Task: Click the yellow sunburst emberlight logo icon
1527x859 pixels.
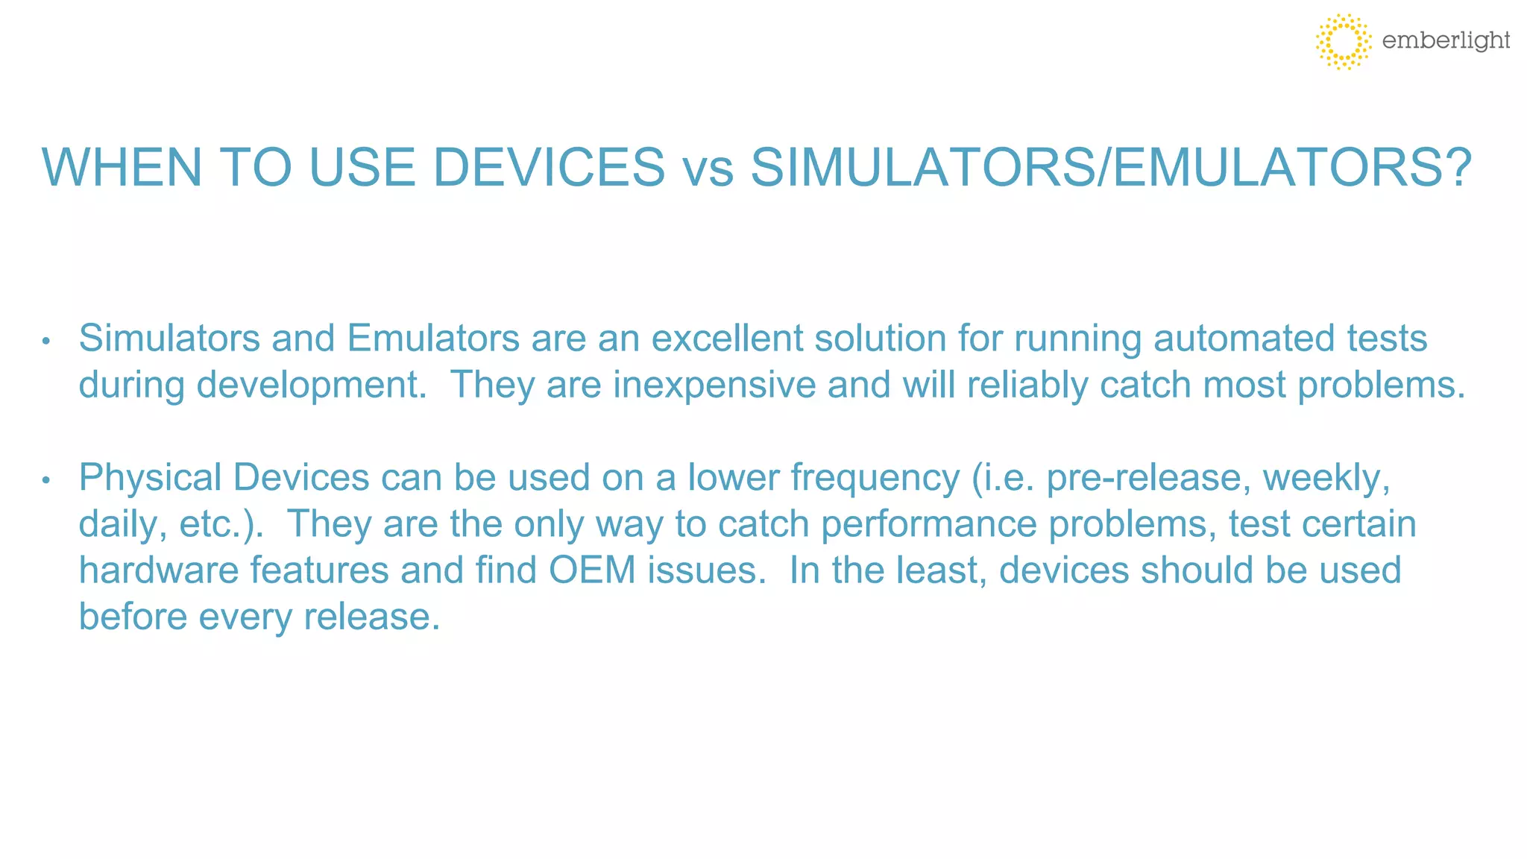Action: click(x=1343, y=41)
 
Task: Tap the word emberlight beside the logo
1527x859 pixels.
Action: click(x=1446, y=40)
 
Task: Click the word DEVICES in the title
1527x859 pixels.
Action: click(x=548, y=167)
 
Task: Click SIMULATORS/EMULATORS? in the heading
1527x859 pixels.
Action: click(x=1111, y=167)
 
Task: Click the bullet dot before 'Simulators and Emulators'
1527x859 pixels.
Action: click(x=46, y=342)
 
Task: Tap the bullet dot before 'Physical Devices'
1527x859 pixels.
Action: click(x=46, y=480)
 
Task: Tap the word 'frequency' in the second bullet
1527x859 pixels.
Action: click(x=875, y=479)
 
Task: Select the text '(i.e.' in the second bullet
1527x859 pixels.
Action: click(x=1004, y=477)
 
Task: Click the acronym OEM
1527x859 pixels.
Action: click(x=592, y=570)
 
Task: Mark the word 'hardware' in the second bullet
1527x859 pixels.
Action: click(x=158, y=570)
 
